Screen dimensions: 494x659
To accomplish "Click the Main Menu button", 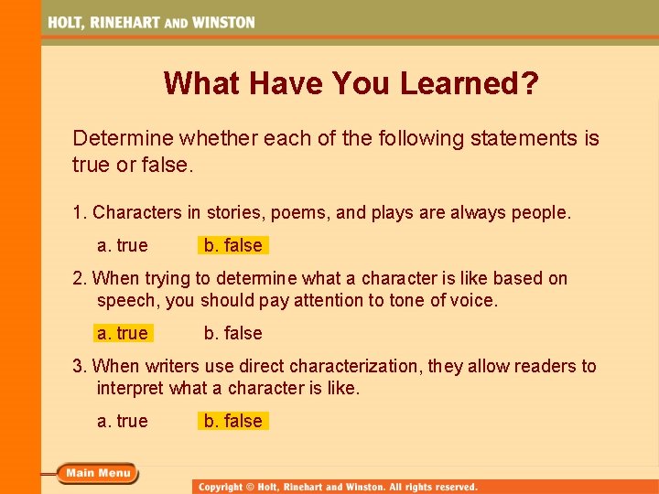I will click(x=97, y=473).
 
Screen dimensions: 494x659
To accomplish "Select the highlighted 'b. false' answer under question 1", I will click(x=232, y=245).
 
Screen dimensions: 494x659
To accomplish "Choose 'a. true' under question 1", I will click(x=122, y=245).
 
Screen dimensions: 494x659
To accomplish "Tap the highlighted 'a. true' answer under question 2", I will click(x=122, y=333).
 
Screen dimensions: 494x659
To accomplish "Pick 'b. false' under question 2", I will click(x=232, y=333).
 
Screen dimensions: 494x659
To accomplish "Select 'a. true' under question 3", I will click(x=122, y=421).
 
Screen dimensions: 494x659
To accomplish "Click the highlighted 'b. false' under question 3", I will click(x=232, y=421).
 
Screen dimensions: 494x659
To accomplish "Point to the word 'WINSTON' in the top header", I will click(x=223, y=22).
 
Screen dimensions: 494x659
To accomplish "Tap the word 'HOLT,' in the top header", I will click(x=67, y=22).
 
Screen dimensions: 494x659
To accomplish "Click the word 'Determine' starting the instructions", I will click(x=123, y=139).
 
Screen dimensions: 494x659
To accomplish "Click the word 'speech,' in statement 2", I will click(x=127, y=300).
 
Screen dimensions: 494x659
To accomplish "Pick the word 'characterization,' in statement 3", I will click(x=356, y=366).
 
